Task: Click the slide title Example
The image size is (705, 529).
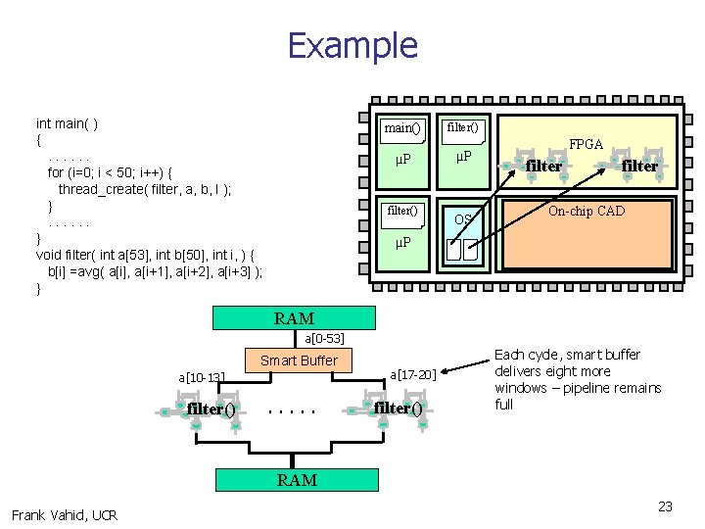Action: [352, 46]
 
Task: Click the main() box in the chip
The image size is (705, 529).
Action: [402, 127]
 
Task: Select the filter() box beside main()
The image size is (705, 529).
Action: [463, 127]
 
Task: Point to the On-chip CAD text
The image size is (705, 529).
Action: [587, 211]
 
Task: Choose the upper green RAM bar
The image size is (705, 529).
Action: [295, 318]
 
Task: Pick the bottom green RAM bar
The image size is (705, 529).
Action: [297, 479]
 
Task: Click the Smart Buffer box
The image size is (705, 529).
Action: [299, 361]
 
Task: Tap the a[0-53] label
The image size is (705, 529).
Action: [324, 338]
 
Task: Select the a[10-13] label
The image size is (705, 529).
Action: [202, 377]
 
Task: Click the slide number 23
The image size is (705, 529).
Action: [665, 506]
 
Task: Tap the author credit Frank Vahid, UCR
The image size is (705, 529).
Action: [65, 515]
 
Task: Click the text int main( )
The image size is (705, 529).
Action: [67, 123]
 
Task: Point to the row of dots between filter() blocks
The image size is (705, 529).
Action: [292, 410]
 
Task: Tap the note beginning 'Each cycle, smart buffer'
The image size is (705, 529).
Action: [577, 379]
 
